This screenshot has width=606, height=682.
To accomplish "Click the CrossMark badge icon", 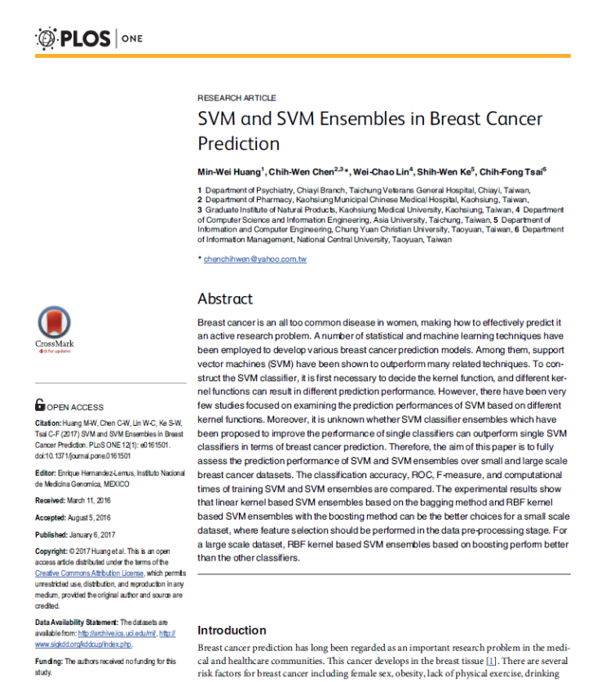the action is [54, 323].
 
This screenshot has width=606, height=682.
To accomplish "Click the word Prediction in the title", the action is [239, 144].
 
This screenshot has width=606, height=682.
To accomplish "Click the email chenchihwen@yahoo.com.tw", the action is [254, 259].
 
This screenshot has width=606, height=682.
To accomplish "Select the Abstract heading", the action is [225, 299].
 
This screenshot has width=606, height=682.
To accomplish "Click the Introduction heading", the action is [232, 630].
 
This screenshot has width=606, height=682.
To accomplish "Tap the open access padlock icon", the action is [39, 405].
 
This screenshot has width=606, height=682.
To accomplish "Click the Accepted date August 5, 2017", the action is [89, 517].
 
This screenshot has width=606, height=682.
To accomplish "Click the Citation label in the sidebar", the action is [47, 423].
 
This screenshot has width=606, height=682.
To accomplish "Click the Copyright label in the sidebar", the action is [51, 552].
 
